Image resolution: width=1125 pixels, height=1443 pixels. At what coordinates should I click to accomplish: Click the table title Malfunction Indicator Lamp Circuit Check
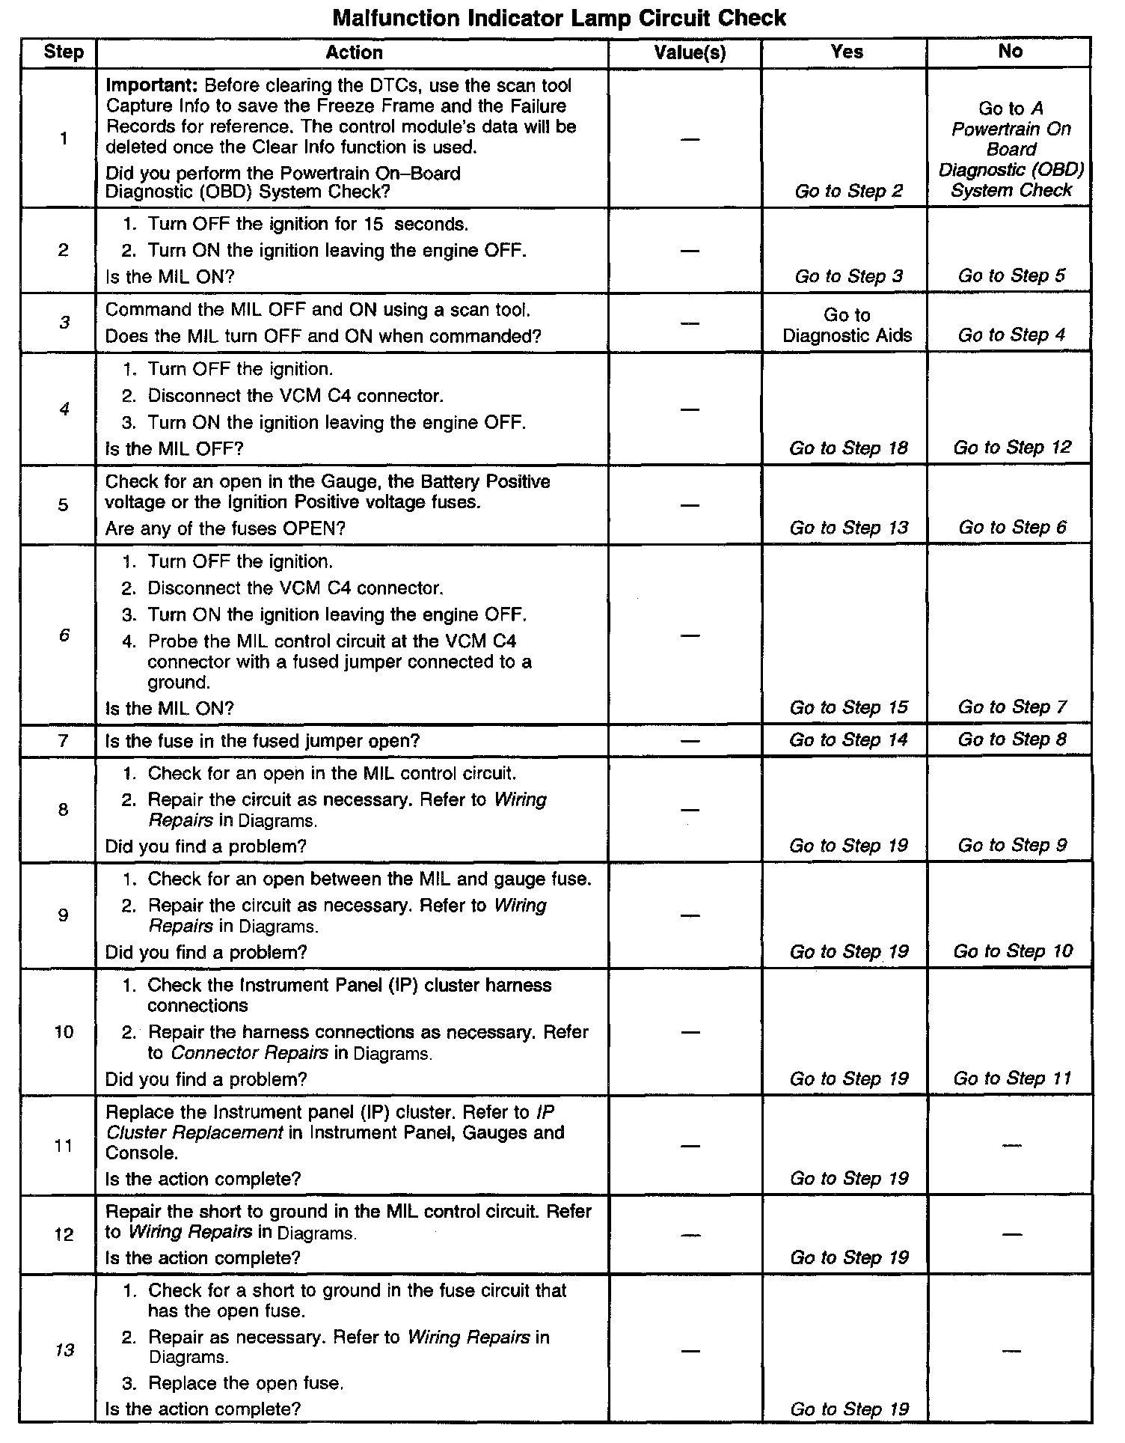pos(559,17)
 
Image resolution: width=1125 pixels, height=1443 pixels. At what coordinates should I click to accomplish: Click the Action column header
pos(354,52)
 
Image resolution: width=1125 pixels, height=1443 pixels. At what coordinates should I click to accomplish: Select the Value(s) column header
pos(690,52)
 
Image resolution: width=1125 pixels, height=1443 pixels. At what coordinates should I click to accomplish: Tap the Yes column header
pos(847,52)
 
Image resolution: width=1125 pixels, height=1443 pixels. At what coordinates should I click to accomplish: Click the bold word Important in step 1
pos(150,85)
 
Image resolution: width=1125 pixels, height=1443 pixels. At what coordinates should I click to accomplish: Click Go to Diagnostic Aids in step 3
pos(847,325)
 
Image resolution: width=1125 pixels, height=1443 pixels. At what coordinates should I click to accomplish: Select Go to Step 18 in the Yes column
pos(848,448)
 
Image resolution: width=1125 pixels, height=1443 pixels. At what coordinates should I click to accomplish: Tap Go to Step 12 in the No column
pos(1012,448)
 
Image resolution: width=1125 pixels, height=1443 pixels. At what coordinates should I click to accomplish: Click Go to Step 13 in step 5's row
pos(848,528)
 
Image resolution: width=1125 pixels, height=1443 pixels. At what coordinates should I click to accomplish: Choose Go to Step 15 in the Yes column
pos(848,707)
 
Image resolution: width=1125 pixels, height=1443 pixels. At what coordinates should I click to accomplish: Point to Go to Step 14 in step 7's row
pos(848,740)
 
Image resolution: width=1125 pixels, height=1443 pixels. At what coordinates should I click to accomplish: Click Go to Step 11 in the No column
pos(1012,1079)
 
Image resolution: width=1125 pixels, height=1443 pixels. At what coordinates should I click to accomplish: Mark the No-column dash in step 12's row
pos(1011,1234)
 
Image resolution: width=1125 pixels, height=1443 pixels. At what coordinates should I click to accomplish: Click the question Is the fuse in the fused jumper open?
pos(263,741)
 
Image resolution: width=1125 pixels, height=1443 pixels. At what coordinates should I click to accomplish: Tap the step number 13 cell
pos(64,1350)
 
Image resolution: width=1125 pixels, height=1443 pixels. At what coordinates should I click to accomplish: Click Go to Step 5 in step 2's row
pos(1011,275)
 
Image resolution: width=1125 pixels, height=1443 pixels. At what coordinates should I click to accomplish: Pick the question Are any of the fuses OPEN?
pos(225,528)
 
